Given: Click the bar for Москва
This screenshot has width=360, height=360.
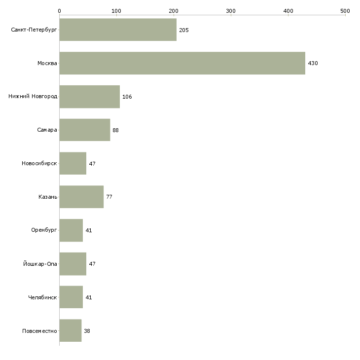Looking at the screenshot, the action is [182, 63].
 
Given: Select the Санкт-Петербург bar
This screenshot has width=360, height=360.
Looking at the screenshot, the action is [118, 30].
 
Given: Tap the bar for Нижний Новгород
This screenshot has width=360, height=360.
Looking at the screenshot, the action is [90, 97].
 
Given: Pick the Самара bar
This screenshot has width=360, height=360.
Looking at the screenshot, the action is [85, 130].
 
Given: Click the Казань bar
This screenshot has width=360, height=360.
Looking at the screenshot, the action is [81, 197].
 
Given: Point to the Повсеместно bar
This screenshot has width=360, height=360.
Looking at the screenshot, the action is [71, 330].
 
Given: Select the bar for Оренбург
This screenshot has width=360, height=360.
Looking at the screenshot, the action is [71, 230].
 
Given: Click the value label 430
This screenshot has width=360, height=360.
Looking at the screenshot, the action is [313, 63].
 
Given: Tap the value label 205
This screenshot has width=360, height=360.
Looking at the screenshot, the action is [183, 30].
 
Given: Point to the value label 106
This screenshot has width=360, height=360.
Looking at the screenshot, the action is [127, 97].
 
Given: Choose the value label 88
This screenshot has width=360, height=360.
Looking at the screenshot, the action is [115, 130].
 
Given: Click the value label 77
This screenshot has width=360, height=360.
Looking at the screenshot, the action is [109, 197].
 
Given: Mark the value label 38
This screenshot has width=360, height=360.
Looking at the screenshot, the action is [87, 331].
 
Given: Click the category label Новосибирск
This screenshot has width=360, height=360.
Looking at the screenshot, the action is [39, 163].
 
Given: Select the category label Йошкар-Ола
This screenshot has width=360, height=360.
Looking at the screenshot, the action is [40, 264].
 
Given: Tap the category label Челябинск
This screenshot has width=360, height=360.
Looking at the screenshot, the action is [42, 297].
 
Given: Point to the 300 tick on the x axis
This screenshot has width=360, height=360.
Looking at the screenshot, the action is [231, 15].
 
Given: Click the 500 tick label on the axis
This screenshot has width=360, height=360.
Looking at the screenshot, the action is [345, 11].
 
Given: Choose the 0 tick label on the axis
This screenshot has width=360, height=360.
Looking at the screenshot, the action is [60, 11].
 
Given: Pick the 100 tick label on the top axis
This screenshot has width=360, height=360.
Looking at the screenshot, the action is [116, 11].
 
